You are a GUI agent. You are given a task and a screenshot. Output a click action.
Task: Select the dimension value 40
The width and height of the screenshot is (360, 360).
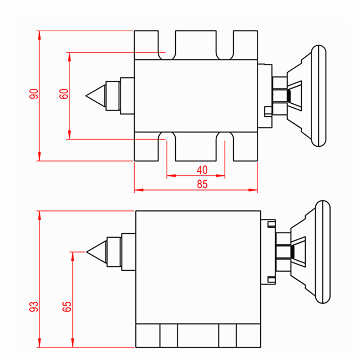203,170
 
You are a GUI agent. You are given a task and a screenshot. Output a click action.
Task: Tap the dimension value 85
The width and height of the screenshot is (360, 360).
202,184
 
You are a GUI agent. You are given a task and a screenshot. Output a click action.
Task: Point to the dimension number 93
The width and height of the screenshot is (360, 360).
34,306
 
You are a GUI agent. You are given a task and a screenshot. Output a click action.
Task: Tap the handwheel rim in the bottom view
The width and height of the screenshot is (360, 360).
323,252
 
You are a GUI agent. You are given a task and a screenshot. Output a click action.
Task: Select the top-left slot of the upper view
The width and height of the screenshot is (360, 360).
167,45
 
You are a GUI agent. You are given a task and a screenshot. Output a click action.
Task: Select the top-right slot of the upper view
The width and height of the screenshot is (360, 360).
225,45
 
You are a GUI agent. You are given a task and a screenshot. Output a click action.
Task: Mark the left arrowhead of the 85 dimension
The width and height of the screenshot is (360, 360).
137,190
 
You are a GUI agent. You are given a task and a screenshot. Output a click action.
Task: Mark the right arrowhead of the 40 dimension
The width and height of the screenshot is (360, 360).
222,176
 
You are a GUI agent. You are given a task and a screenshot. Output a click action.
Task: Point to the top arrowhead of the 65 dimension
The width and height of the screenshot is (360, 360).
73,254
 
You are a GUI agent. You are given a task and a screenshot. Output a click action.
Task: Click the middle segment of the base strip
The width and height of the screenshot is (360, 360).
198,336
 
